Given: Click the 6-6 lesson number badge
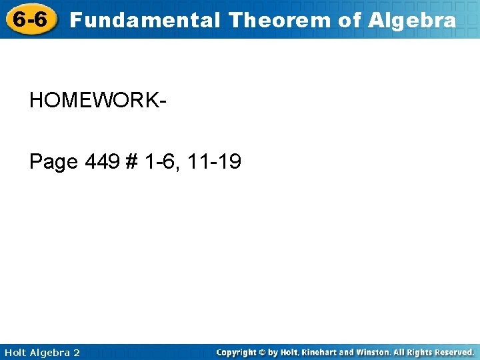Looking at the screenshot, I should coord(31,19).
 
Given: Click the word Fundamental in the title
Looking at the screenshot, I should coord(145,20).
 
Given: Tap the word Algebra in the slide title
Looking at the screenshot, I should coord(412,20).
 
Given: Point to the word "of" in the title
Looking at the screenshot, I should coord(349,20).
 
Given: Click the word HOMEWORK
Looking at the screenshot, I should coord(95,101).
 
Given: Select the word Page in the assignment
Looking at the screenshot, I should coord(54,162).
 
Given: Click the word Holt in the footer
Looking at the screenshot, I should coord(15,352).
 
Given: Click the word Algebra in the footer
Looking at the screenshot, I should coord(49,352).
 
